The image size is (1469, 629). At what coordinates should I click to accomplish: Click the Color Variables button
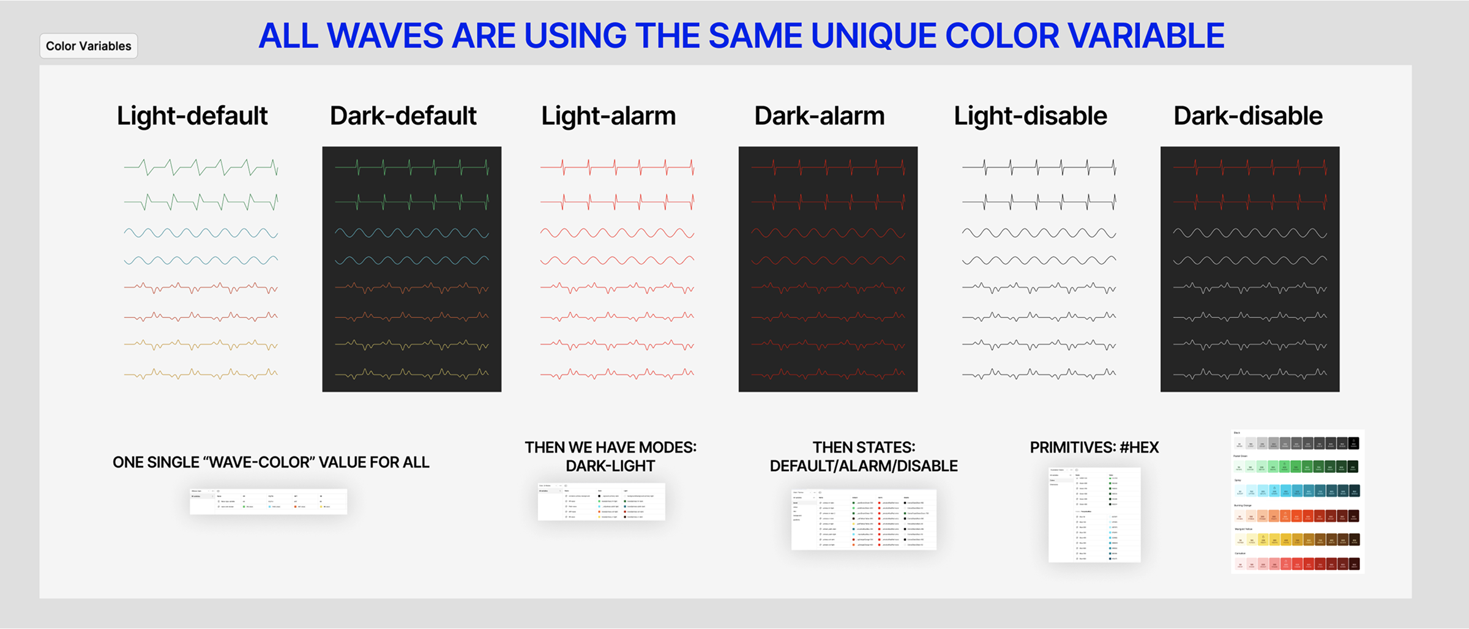(88, 46)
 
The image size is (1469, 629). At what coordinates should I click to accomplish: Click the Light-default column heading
(192, 116)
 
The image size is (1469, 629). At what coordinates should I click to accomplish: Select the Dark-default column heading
(403, 116)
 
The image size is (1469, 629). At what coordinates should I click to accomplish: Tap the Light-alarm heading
(608, 116)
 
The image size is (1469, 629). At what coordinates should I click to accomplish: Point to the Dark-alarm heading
(819, 116)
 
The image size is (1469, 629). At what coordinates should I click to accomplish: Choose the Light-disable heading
(1030, 116)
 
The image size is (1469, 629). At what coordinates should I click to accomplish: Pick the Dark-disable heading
(1247, 116)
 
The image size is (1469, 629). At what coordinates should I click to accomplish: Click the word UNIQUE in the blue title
(872, 35)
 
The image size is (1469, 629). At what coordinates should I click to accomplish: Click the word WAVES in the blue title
(384, 35)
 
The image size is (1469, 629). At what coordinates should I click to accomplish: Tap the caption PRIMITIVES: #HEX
(1094, 447)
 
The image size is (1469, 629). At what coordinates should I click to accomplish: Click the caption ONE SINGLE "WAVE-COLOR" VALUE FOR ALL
(271, 463)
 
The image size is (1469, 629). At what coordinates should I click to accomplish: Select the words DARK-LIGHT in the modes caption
(610, 466)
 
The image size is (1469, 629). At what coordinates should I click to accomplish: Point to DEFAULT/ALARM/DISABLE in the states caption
(864, 466)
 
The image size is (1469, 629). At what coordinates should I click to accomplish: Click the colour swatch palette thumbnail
(1297, 501)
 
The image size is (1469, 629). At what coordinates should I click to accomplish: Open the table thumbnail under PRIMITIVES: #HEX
(1094, 515)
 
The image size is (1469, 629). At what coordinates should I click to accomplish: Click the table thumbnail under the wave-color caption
(268, 501)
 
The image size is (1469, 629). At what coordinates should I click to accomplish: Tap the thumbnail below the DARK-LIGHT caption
(601, 502)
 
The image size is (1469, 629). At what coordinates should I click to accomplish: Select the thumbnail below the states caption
(864, 519)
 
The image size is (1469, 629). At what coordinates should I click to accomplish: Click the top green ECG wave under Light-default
(201, 166)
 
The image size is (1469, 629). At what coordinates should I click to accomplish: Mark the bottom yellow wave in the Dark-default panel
(411, 373)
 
